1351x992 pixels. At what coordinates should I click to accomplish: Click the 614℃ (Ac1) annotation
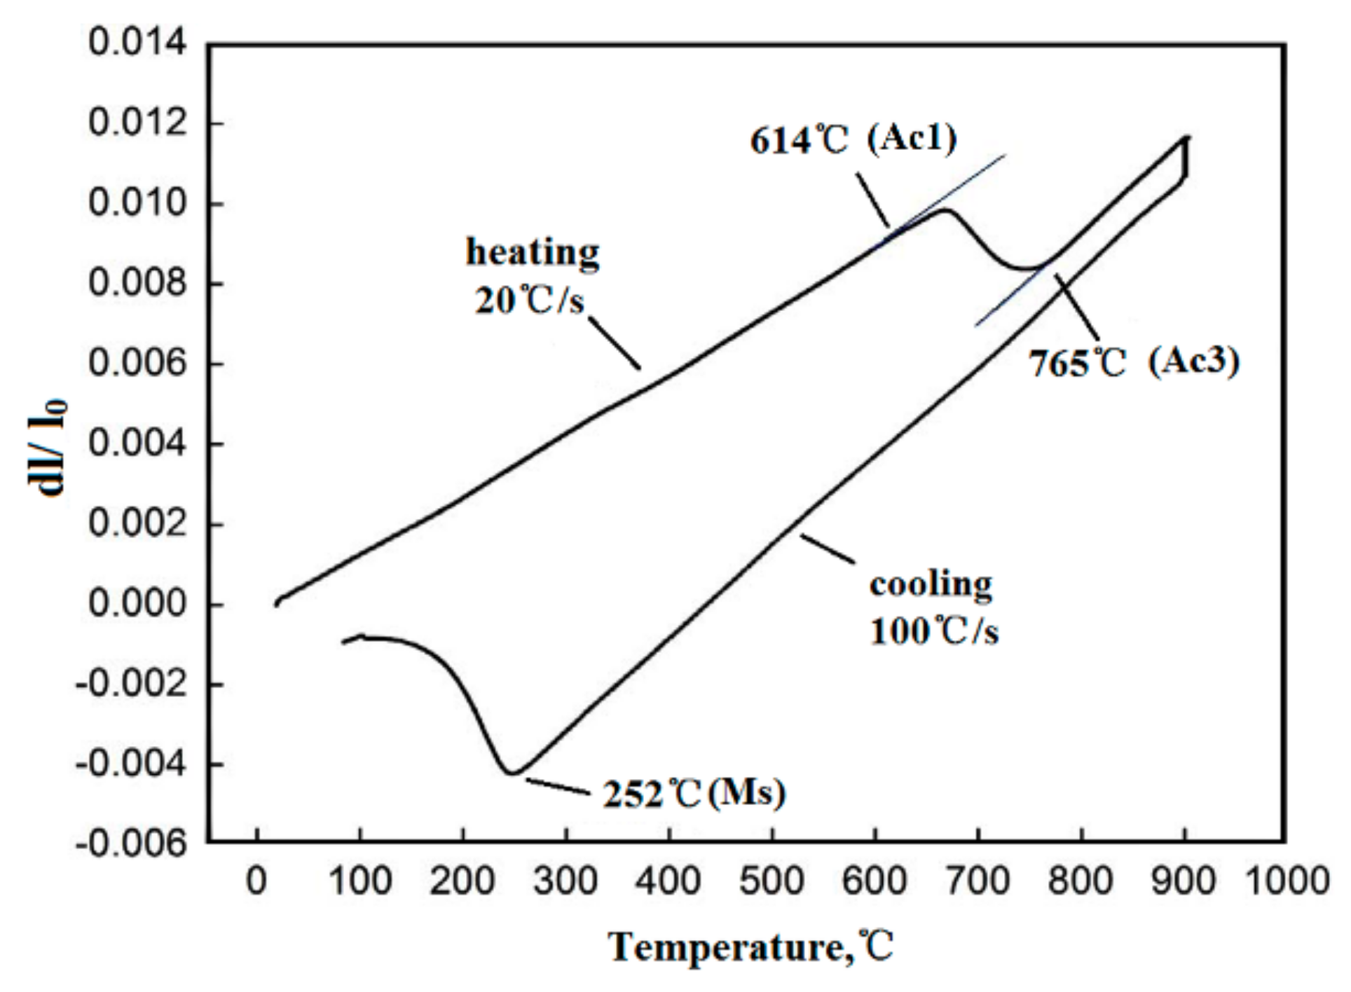click(x=853, y=139)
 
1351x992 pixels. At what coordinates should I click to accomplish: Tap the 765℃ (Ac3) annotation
click(x=1134, y=362)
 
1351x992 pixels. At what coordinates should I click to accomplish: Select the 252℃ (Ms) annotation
click(x=694, y=794)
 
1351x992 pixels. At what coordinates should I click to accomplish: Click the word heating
click(x=533, y=253)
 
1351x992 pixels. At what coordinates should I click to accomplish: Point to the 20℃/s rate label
click(x=530, y=301)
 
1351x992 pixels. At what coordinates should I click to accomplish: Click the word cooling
click(x=931, y=584)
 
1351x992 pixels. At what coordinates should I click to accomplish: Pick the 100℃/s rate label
click(x=933, y=631)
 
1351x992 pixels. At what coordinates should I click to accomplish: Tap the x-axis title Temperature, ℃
click(x=750, y=948)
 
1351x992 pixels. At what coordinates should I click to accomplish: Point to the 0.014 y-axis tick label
click(x=137, y=43)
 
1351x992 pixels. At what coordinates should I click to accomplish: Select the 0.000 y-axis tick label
click(x=137, y=604)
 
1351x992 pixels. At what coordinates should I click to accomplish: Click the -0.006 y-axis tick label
click(x=131, y=843)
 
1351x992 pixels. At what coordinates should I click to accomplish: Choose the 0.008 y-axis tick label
click(x=137, y=283)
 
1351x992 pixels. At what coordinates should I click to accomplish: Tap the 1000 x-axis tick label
click(x=1287, y=881)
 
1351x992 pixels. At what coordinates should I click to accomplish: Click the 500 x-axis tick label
click(x=771, y=881)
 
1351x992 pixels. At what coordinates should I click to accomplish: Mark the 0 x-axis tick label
click(x=256, y=881)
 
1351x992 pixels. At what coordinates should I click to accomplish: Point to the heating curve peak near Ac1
click(x=945, y=210)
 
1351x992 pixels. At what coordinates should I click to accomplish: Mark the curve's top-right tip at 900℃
click(x=1186, y=137)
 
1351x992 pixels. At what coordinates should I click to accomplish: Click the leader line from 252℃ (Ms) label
click(x=558, y=787)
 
